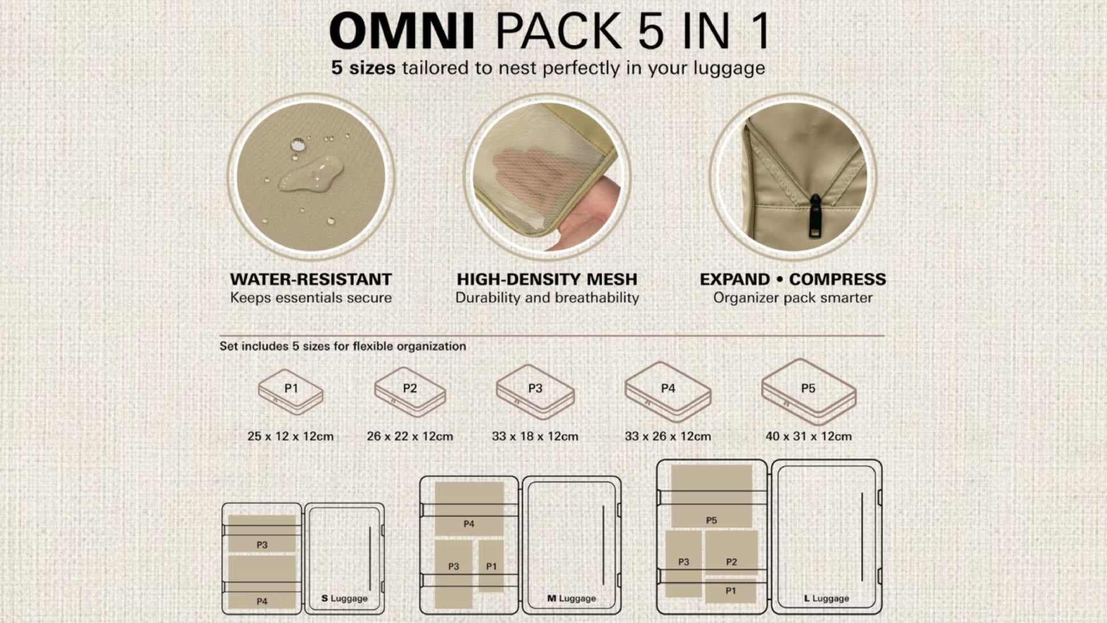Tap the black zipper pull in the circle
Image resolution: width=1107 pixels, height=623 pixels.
[815, 217]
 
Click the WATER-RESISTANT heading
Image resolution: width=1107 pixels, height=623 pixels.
[311, 279]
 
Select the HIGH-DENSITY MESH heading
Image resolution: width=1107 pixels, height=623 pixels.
[547, 279]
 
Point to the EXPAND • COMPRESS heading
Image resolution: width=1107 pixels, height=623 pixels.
[793, 279]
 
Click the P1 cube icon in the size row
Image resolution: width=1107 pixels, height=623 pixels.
[291, 391]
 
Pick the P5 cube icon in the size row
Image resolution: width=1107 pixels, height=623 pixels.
[808, 391]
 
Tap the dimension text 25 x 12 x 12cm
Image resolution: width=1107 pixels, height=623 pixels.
[291, 436]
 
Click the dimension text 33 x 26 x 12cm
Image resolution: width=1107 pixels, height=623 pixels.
[668, 436]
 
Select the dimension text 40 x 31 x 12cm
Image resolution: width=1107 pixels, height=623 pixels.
[808, 436]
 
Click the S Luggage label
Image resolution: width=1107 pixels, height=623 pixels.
[345, 599]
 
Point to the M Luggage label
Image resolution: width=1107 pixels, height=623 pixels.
[572, 599]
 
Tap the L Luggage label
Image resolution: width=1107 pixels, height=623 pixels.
[827, 599]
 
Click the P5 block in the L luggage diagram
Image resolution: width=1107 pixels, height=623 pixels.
[712, 496]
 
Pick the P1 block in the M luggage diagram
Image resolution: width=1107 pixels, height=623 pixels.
[491, 566]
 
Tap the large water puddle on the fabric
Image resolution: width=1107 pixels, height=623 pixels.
[311, 173]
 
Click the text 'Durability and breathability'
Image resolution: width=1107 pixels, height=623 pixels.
[547, 298]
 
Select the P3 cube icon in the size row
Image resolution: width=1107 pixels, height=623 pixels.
[535, 392]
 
